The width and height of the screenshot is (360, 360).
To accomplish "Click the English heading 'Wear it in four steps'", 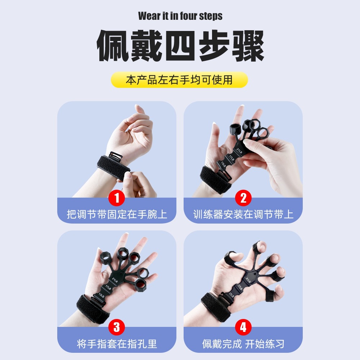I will click(180, 16).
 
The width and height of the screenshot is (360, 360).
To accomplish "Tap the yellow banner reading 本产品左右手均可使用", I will click(179, 80).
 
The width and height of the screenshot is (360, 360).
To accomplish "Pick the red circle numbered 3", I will click(117, 328).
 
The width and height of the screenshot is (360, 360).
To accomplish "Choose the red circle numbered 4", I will click(243, 328).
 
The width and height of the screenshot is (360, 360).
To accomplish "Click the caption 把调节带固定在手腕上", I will click(117, 215).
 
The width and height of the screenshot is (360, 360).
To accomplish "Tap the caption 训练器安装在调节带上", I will click(243, 215).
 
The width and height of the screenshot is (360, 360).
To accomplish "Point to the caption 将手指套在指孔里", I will click(117, 343).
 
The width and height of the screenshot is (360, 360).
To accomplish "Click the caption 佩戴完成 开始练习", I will click(243, 343).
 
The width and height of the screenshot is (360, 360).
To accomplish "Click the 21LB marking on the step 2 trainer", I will click(239, 149).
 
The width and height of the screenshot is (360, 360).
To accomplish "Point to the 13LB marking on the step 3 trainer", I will click(102, 296).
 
